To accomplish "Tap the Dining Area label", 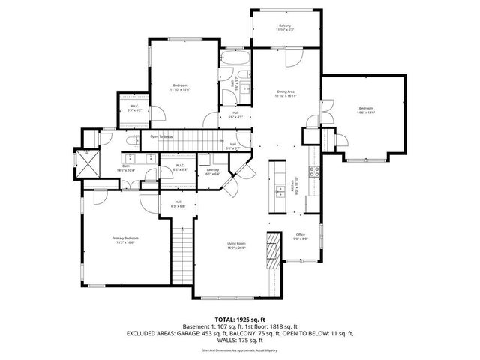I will (x=286, y=91).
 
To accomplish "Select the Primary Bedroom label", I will (x=126, y=238).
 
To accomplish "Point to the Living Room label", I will (x=237, y=242).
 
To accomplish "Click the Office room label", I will (x=299, y=235).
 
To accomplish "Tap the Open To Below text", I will (x=162, y=136).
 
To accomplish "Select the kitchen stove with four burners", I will (x=316, y=170).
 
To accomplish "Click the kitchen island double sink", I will (x=280, y=187).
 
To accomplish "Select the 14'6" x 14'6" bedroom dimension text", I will (x=365, y=112).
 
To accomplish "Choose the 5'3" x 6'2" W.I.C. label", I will (x=135, y=111).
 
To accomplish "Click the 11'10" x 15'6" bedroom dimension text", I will (x=180, y=89).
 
